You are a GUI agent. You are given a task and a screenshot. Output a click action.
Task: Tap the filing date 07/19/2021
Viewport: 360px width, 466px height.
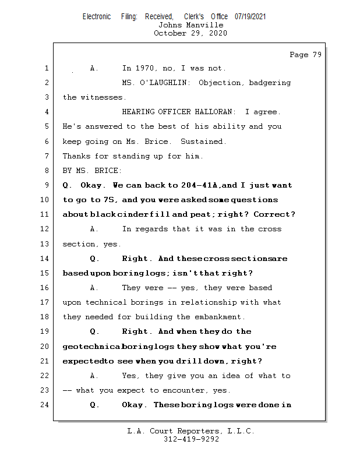coord(250,17)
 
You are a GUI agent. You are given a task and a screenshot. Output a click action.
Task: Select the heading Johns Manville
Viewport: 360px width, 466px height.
coord(190,25)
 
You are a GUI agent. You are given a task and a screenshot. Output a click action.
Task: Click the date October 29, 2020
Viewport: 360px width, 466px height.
coord(190,33)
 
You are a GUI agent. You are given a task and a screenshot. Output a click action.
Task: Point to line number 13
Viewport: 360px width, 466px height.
coord(46,244)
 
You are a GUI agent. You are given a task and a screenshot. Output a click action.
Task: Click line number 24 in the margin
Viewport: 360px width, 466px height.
coord(46,405)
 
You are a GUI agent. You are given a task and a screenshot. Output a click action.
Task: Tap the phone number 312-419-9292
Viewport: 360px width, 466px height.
coord(190,439)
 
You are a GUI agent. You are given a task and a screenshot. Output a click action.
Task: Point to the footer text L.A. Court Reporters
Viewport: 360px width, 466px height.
coord(174,432)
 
